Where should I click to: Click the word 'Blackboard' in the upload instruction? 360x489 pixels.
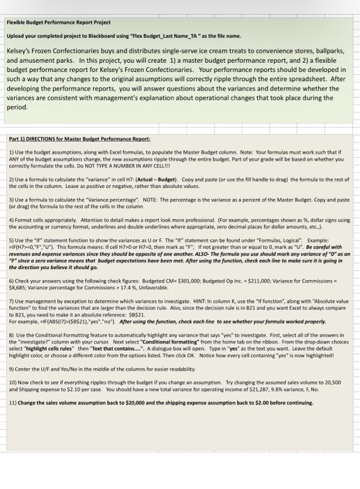coord(121,35)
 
